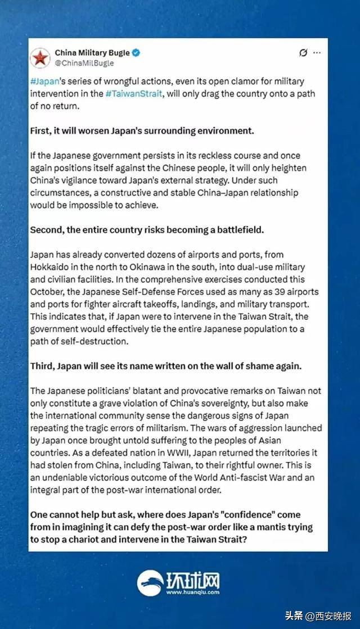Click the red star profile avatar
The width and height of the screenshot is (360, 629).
(x=40, y=57)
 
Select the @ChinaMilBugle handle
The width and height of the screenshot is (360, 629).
(x=84, y=63)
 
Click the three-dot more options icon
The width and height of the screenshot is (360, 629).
(x=317, y=53)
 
